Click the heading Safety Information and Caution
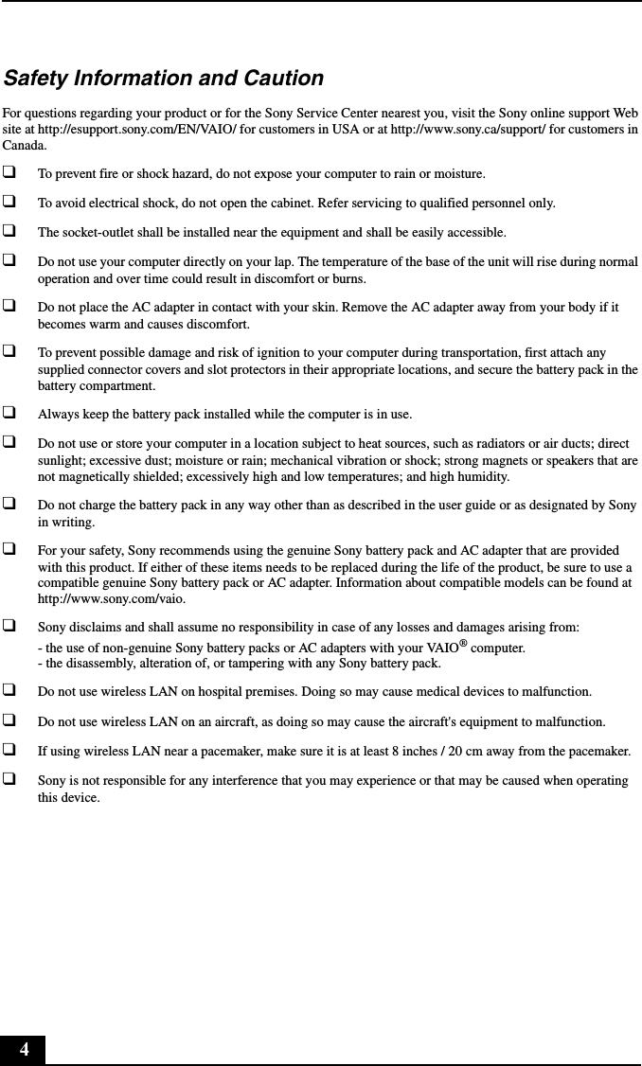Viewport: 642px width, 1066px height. pyautogui.click(x=163, y=78)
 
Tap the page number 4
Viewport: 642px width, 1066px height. pyautogui.click(x=24, y=1049)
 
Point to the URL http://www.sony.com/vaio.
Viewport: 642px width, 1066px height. pyautogui.click(x=111, y=598)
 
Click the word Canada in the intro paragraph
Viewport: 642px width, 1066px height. pyautogui.click(x=23, y=146)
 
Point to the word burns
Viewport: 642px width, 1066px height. pyautogui.click(x=349, y=279)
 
